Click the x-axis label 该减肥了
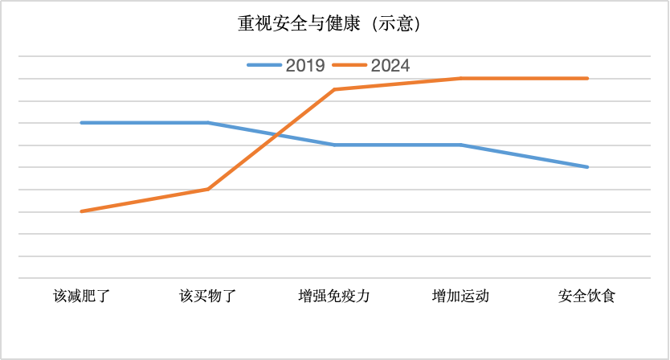click(81, 296)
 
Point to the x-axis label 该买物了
click(208, 296)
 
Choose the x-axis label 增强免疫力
click(334, 296)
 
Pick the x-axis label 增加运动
click(460, 296)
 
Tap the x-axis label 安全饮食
click(587, 296)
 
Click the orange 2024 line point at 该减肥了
click(81, 211)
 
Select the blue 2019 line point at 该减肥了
click(81, 123)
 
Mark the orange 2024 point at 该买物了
click(208, 189)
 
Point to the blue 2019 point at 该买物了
click(208, 123)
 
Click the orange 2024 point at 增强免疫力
click(334, 89)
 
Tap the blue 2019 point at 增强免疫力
click(334, 145)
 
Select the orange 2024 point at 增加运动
click(460, 78)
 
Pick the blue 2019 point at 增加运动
click(460, 145)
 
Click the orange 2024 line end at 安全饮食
click(587, 78)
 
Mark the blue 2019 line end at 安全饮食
click(587, 167)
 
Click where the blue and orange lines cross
click(278, 134)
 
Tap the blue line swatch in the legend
click(264, 66)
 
